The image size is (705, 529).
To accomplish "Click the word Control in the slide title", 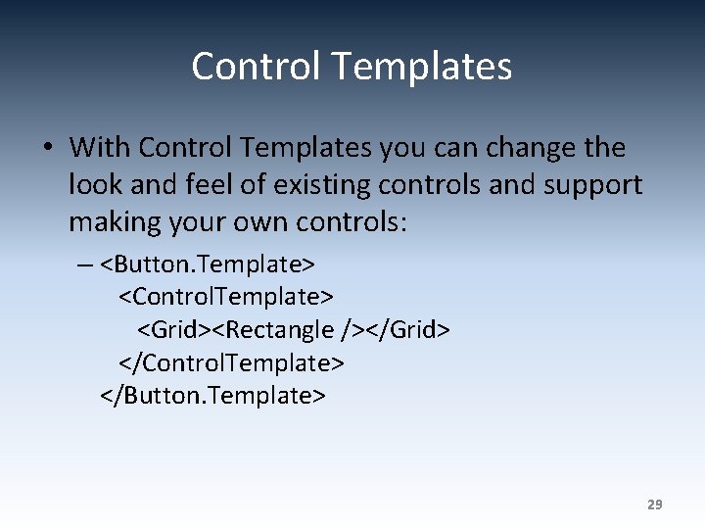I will click(257, 67).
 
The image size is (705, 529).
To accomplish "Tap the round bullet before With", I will click(47, 149).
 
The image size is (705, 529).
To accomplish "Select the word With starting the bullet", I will click(101, 148).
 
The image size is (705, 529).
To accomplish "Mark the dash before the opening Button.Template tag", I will click(86, 264).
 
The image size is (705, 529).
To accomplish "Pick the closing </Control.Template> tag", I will click(231, 362).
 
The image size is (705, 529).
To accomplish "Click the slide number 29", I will click(654, 505).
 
